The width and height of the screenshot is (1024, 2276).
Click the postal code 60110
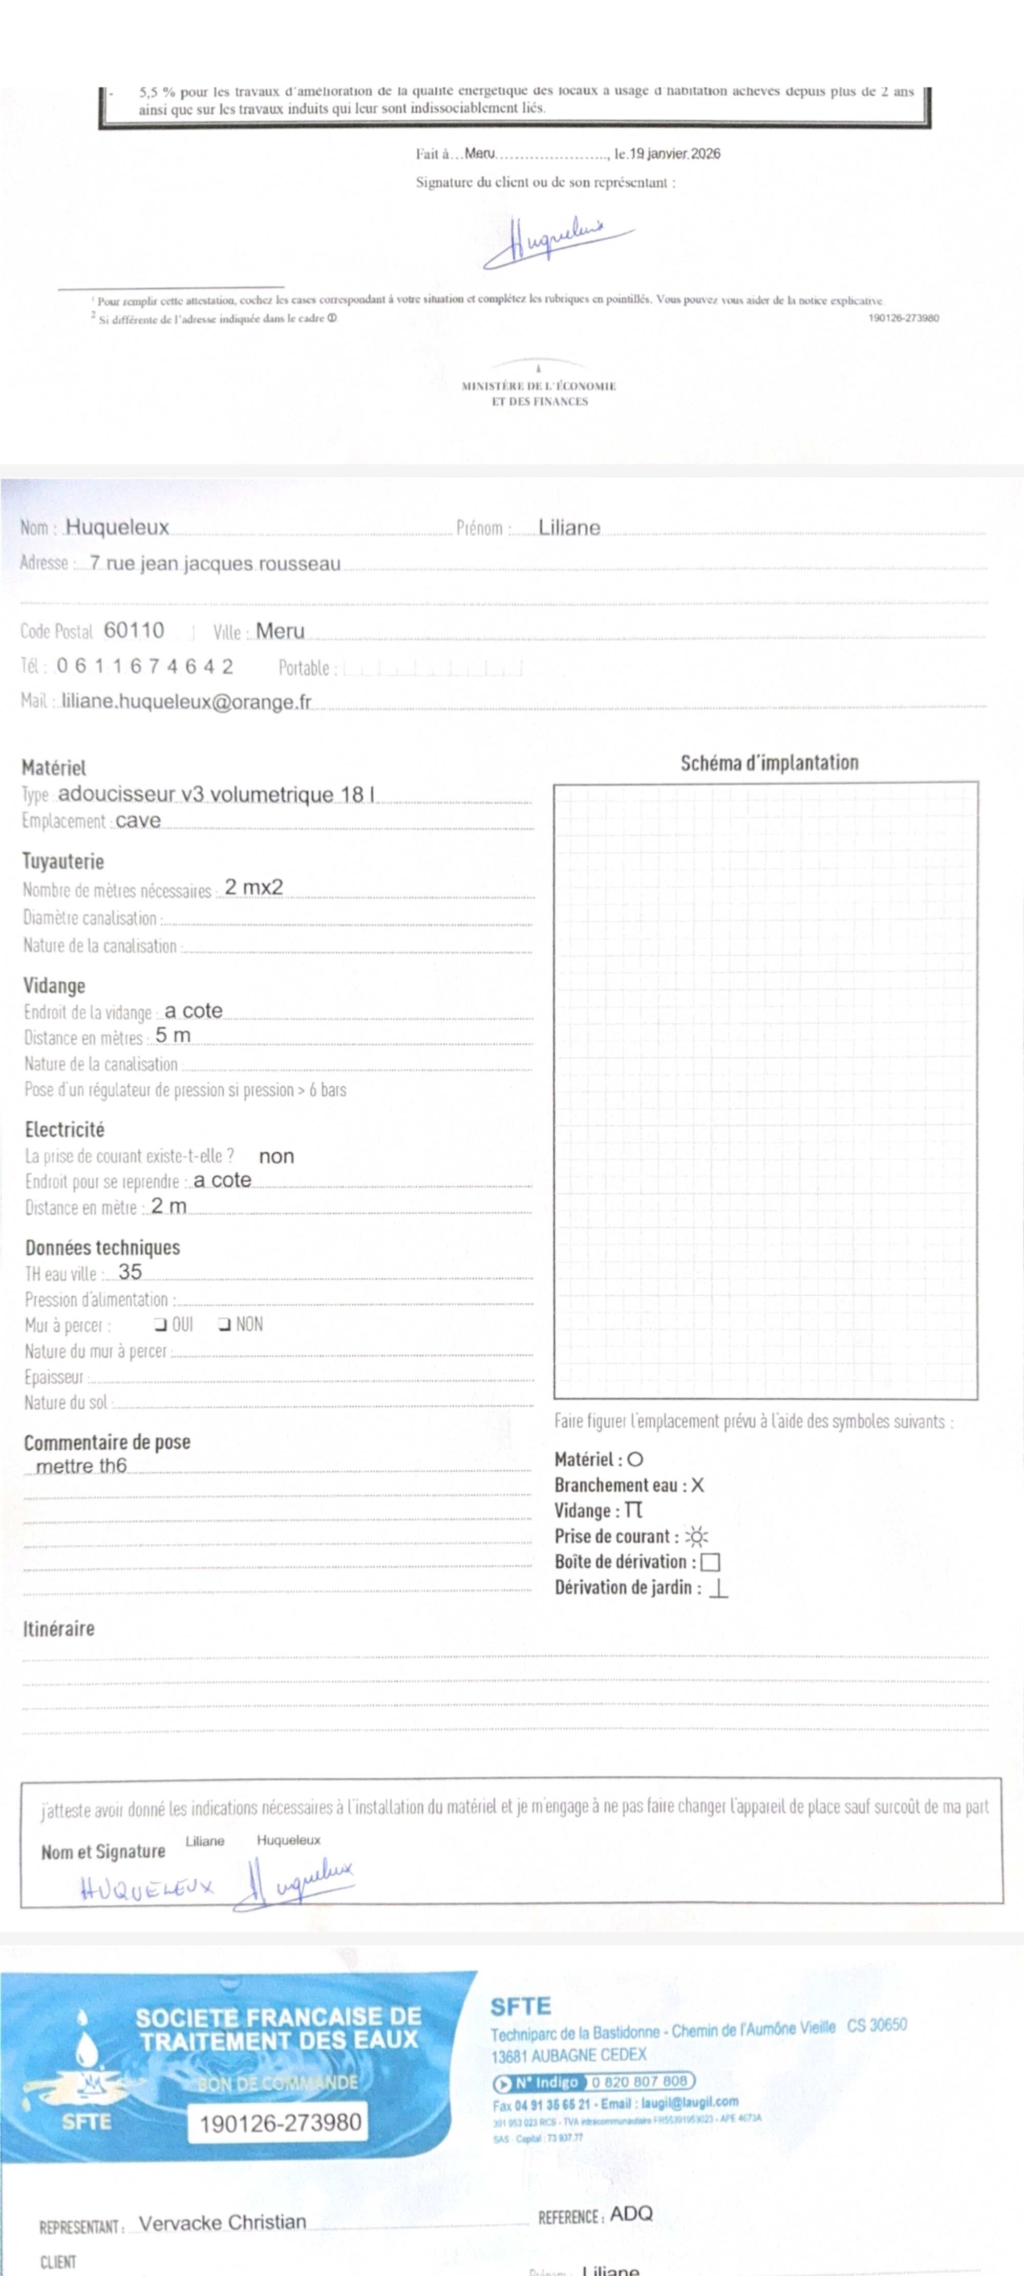pyautogui.click(x=134, y=630)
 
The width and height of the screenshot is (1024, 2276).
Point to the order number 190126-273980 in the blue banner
pyautogui.click(x=280, y=2123)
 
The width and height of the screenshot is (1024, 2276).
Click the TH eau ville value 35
pyautogui.click(x=130, y=1272)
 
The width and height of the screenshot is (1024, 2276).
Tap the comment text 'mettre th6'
pyautogui.click(x=81, y=1466)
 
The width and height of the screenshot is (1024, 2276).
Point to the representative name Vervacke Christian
pyautogui.click(x=223, y=2222)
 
